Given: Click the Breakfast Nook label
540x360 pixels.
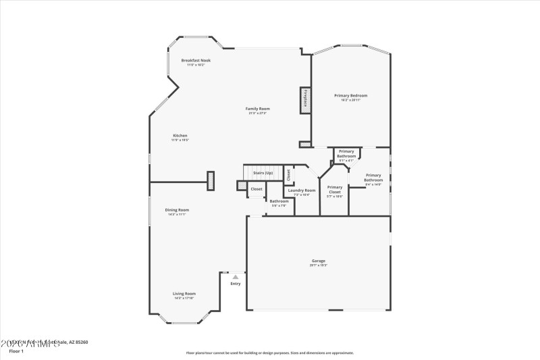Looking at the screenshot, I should (x=196, y=60).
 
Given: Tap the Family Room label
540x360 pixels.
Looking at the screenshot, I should (x=257, y=109).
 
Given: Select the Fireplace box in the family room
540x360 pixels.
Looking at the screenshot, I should (x=304, y=99).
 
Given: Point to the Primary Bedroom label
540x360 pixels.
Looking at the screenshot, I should (x=351, y=95).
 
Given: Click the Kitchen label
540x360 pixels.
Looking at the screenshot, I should (x=180, y=135).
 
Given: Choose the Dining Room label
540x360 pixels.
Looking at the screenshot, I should (x=177, y=209).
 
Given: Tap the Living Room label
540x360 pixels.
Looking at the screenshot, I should (x=184, y=293).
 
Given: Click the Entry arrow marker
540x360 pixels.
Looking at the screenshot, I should (x=235, y=277).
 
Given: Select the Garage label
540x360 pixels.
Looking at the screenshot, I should (x=319, y=261).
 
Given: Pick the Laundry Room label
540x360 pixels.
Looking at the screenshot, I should (x=301, y=190).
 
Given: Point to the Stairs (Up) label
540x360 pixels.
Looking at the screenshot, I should (x=263, y=173).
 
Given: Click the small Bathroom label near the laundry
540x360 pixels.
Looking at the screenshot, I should (x=279, y=201).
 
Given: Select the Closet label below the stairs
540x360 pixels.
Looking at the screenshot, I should (x=256, y=189).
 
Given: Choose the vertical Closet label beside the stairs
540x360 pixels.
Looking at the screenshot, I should (x=288, y=174).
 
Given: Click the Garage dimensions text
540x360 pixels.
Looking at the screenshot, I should (x=319, y=265).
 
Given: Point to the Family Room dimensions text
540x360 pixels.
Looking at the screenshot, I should (x=257, y=113).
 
